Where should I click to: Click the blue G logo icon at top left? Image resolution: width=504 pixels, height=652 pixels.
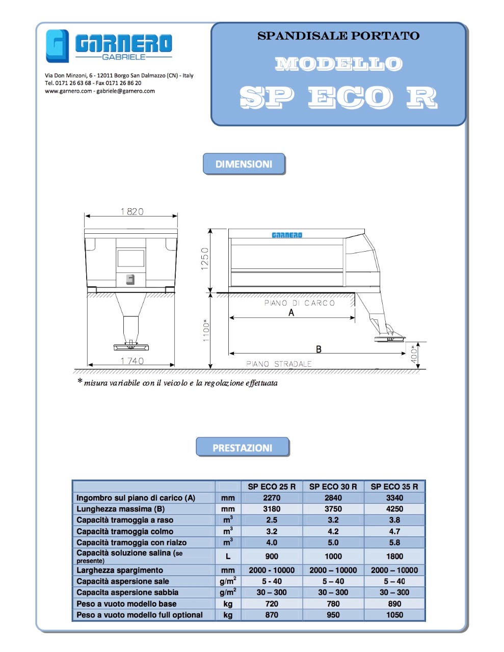tap(57, 46)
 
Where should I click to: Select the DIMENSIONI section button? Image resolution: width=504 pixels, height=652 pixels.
tap(244, 164)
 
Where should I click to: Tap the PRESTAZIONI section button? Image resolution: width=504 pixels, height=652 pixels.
tap(242, 448)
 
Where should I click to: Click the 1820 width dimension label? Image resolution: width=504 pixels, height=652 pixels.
tap(131, 211)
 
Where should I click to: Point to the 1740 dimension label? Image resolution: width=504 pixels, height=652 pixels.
tap(132, 361)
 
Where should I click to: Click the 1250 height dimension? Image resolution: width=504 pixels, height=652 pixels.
tap(205, 259)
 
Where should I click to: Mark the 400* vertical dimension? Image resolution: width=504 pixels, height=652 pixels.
tap(415, 355)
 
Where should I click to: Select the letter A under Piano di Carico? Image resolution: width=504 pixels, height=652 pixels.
tap(291, 313)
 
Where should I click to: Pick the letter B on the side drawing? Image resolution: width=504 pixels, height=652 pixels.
tap(319, 349)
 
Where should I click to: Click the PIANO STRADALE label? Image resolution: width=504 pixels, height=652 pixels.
tap(278, 364)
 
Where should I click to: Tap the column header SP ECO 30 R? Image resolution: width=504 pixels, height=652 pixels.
tap(333, 486)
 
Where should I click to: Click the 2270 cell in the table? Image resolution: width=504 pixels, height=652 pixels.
tap(272, 498)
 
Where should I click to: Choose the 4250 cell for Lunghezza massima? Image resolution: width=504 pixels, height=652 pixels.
tap(394, 509)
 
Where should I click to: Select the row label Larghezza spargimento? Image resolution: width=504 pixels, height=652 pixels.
tap(120, 570)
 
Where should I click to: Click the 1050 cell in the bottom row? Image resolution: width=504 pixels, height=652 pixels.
tap(394, 615)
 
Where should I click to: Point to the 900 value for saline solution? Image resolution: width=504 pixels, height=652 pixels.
tap(272, 556)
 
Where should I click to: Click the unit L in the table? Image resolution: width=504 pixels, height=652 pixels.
tap(228, 556)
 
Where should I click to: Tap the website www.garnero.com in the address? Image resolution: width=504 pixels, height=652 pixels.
tap(68, 91)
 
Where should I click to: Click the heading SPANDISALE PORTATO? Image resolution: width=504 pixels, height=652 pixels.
tap(338, 36)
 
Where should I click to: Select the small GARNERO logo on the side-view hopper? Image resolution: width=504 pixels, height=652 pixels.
tap(287, 235)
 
